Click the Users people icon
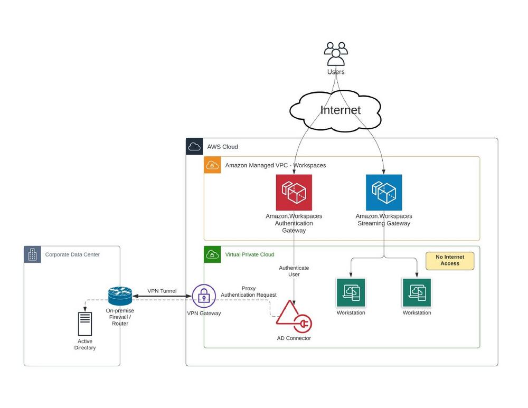336,54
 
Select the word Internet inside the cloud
341,110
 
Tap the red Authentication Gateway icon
294,193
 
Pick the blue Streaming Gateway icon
384,193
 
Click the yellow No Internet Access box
450,261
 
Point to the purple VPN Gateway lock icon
204,297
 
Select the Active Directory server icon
85,324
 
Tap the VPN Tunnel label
162,291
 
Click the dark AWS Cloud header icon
194,147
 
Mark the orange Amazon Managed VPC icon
212,165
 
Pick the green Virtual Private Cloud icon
212,254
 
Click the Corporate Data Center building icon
33,254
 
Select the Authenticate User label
294,271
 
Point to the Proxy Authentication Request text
249,292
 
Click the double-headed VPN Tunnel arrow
162,297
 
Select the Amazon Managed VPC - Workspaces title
276,165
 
